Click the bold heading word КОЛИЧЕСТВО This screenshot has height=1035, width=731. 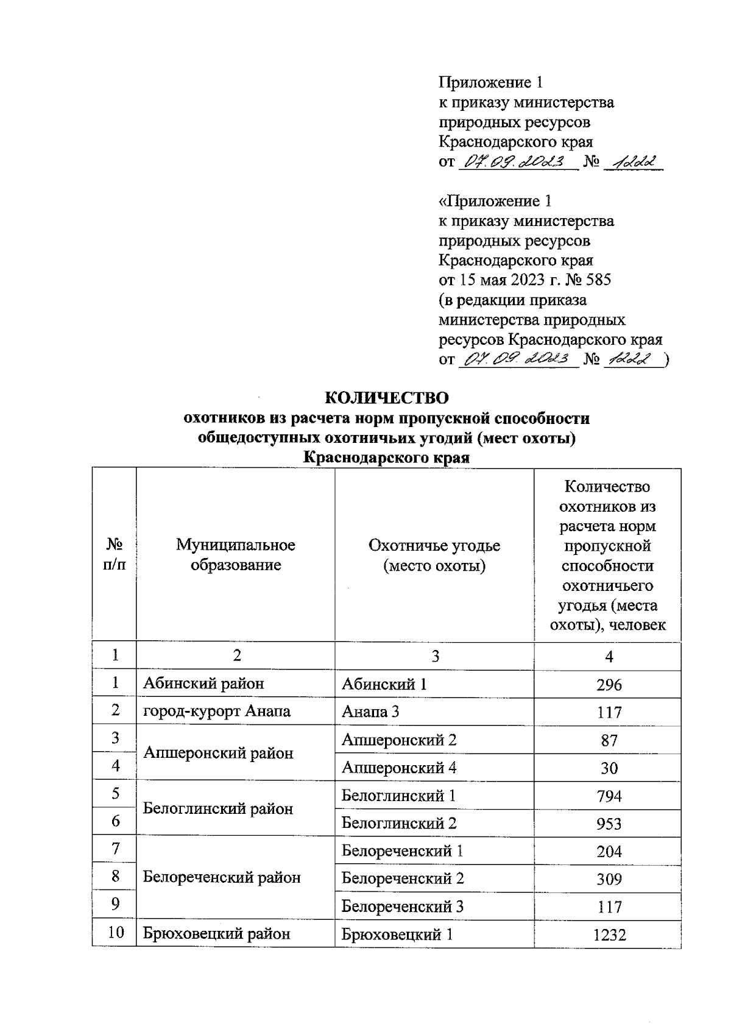tap(387, 398)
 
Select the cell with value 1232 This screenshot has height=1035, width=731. tap(609, 934)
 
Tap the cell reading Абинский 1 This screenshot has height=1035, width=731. tap(384, 684)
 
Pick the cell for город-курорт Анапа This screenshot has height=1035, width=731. tap(216, 712)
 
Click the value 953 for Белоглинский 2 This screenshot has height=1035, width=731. tap(609, 824)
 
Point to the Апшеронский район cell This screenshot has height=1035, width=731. tap(218, 753)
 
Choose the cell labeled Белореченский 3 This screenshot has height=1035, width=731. tap(403, 906)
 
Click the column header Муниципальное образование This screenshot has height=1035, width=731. tap(236, 554)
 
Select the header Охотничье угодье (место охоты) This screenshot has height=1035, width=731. tap(434, 554)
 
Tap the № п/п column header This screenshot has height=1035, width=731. tap(114, 554)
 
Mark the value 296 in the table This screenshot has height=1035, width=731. tap(609, 684)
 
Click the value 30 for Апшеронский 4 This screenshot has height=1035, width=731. tap(609, 768)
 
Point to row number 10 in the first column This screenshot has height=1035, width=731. tap(115, 933)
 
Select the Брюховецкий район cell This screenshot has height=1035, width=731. tap(216, 934)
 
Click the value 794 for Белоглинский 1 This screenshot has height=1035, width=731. tap(609, 796)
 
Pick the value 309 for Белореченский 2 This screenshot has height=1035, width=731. tap(609, 879)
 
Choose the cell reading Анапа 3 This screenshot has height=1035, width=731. tap(370, 712)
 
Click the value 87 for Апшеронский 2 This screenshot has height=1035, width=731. tap(609, 740)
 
